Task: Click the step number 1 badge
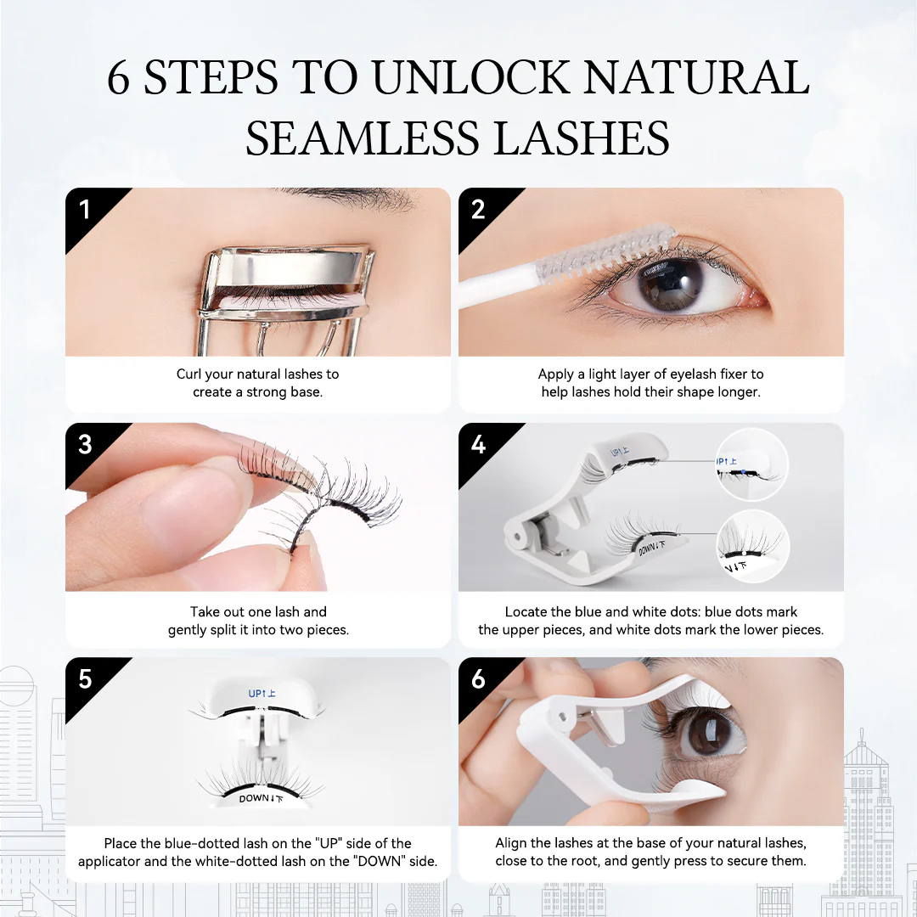click(x=84, y=209)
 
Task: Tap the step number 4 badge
click(x=478, y=444)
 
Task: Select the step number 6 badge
click(x=478, y=679)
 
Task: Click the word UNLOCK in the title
click(x=470, y=78)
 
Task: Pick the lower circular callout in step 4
click(x=751, y=547)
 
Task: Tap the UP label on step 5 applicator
click(x=262, y=693)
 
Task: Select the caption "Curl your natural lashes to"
click(x=257, y=374)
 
